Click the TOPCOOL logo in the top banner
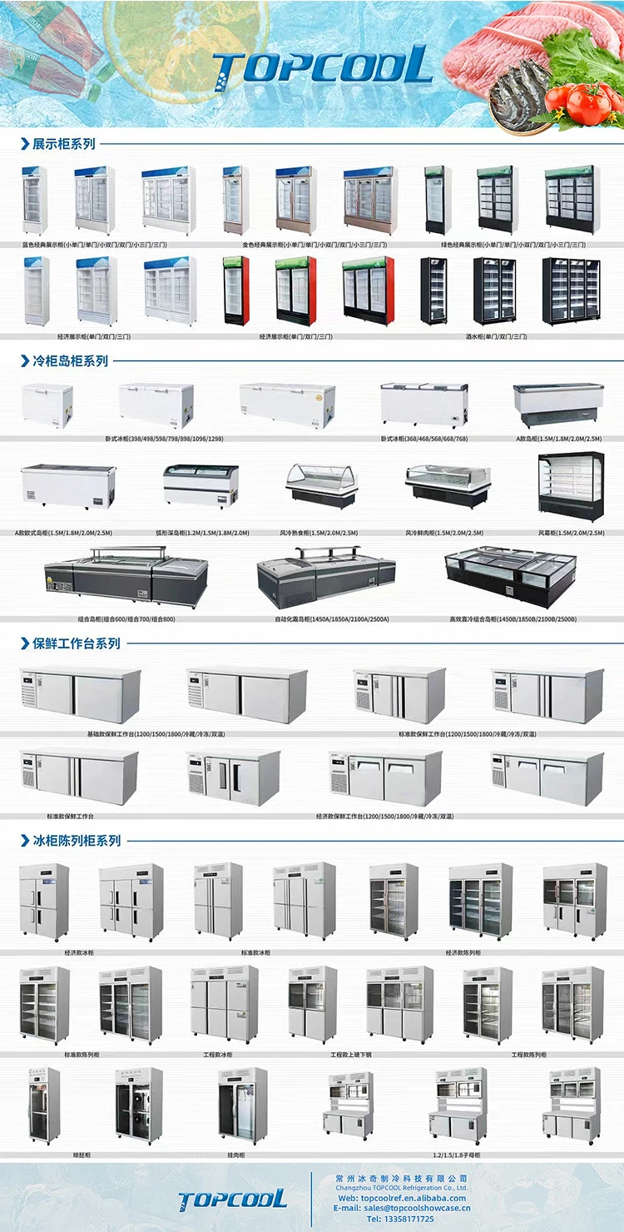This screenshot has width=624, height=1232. coord(322,66)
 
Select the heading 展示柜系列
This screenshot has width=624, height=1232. coord(63,144)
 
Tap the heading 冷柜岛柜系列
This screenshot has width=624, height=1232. coord(70,361)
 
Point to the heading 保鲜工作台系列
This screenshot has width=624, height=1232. coord(76,643)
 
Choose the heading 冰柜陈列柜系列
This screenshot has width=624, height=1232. coord(76,841)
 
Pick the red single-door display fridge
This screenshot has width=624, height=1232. coord(236,291)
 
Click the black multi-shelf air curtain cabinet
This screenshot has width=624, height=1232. coord(571,487)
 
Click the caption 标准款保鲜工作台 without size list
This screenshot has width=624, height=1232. coord(70,817)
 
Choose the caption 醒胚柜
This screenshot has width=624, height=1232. coord(81,1155)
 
